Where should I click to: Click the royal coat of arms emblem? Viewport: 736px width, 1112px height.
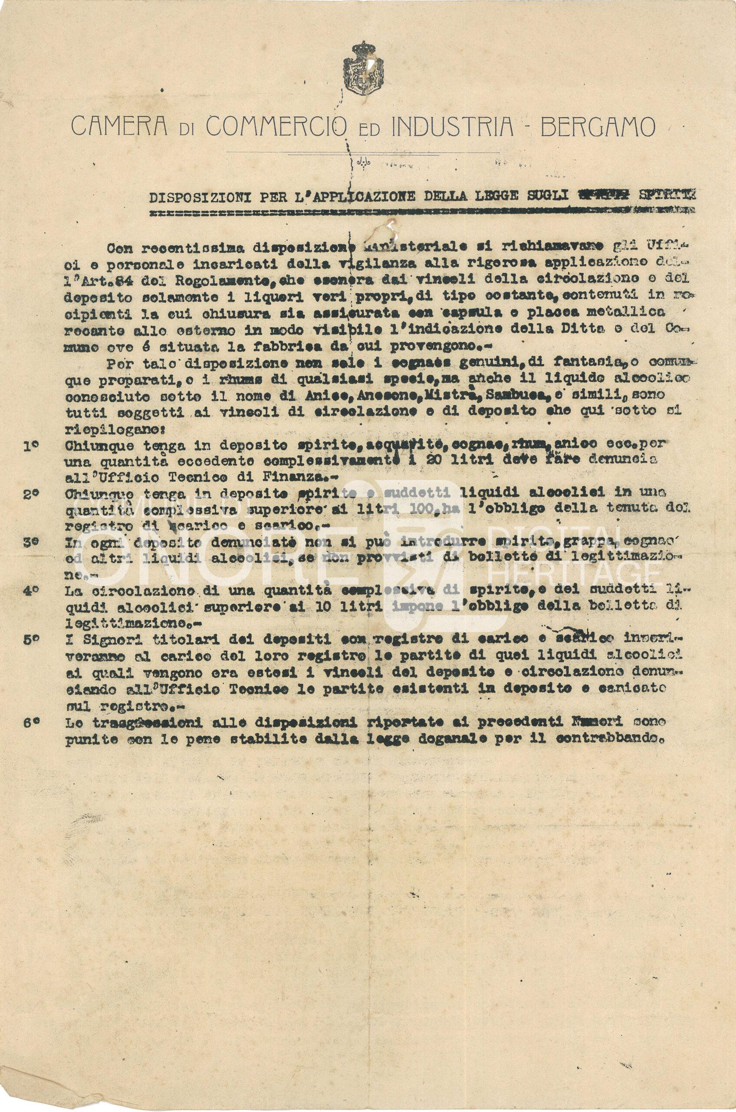[364, 68]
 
